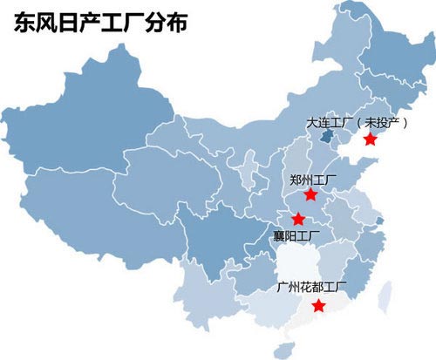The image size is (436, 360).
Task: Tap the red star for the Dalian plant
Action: (x=370, y=139)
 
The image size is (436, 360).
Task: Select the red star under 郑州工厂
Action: (x=310, y=194)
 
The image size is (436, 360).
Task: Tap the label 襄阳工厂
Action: (x=296, y=235)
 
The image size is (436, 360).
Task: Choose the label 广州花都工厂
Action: (x=310, y=286)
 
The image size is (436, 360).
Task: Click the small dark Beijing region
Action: (x=325, y=136)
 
